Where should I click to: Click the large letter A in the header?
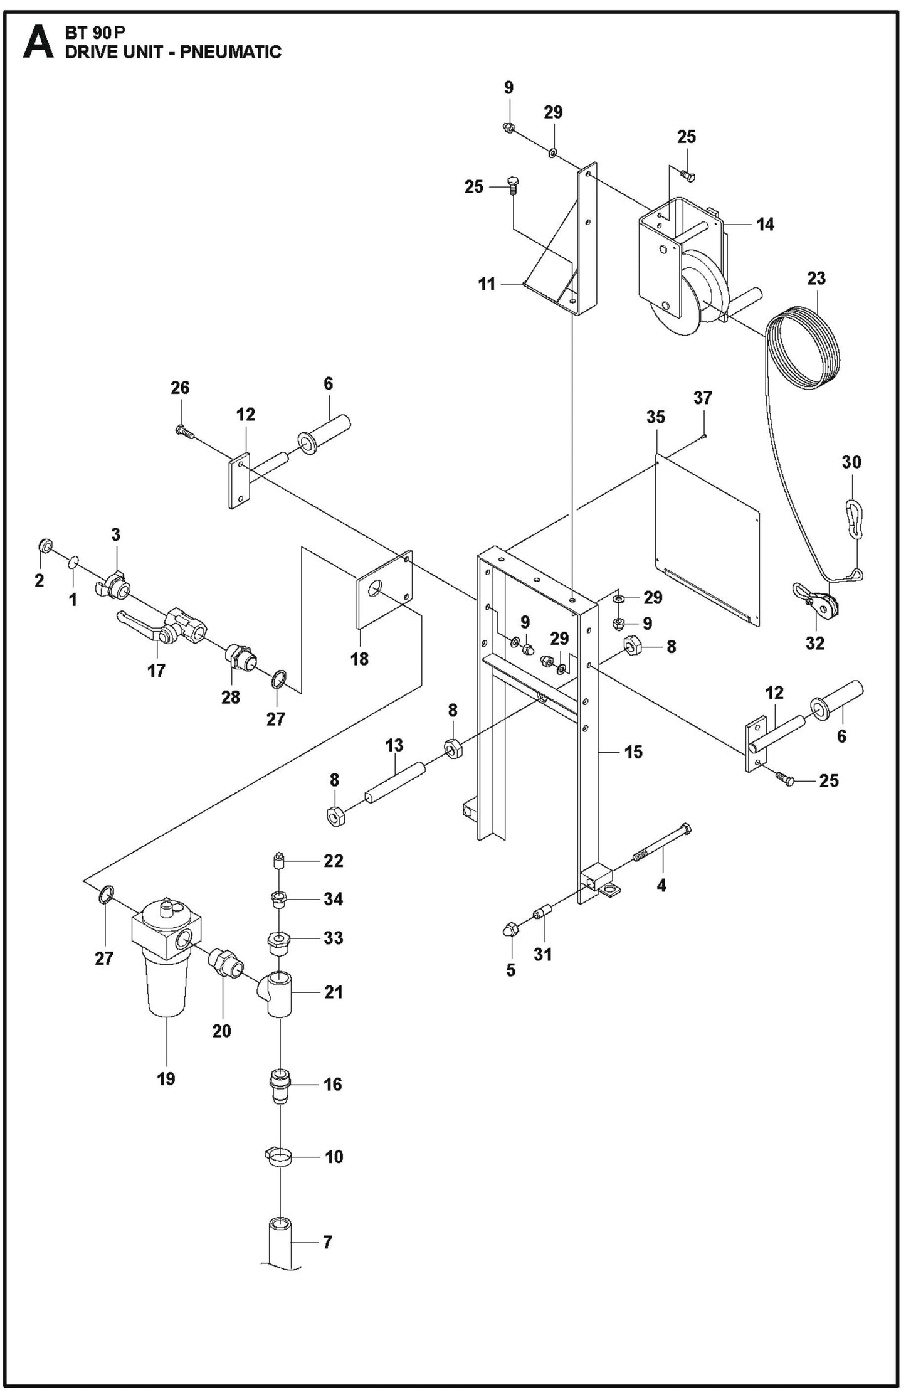point(38,43)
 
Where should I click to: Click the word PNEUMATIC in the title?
point(230,53)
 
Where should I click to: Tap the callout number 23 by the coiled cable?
point(816,279)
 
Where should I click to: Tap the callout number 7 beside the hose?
point(327,1241)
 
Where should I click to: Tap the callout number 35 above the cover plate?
point(656,417)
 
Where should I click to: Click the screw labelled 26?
point(183,431)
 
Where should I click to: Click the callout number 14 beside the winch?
point(766,224)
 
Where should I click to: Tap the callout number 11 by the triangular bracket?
point(487,284)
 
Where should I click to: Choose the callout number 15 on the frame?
point(633,752)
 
